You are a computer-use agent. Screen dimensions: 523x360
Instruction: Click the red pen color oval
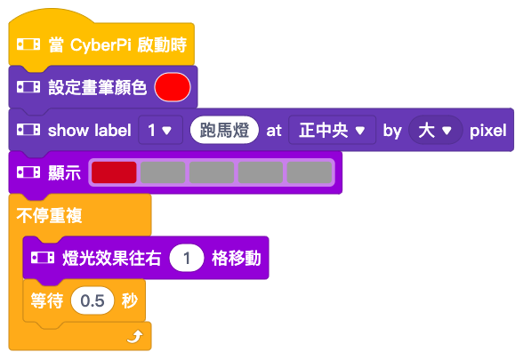coord(173,87)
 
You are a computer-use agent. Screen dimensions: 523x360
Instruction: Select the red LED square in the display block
coord(114,172)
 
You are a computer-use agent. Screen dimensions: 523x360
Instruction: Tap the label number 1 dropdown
coord(160,130)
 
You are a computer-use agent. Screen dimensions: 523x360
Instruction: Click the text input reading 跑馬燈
coord(224,130)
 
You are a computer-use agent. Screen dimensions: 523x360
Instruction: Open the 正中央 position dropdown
coord(332,130)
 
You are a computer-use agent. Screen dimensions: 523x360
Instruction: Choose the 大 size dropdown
coord(436,130)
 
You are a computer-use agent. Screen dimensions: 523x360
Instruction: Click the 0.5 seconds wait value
coord(93,300)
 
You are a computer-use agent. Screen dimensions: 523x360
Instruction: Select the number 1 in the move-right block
coord(187,258)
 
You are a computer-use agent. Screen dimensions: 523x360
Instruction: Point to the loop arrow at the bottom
coord(135,337)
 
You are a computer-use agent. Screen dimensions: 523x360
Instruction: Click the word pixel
coord(488,131)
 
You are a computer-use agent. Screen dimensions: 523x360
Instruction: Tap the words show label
coord(89,131)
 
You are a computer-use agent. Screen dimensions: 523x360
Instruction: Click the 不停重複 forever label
coord(49,215)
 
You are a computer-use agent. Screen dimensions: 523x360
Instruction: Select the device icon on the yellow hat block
coord(28,44)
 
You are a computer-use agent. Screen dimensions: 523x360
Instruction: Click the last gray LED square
coord(310,172)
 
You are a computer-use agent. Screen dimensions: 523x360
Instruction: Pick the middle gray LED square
coord(212,172)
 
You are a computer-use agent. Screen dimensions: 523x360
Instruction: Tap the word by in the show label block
coord(392,131)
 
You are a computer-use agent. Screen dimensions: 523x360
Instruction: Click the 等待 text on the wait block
coord(47,300)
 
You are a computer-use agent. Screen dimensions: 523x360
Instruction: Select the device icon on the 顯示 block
coord(28,172)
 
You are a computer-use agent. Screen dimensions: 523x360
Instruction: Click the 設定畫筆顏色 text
coord(98,87)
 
